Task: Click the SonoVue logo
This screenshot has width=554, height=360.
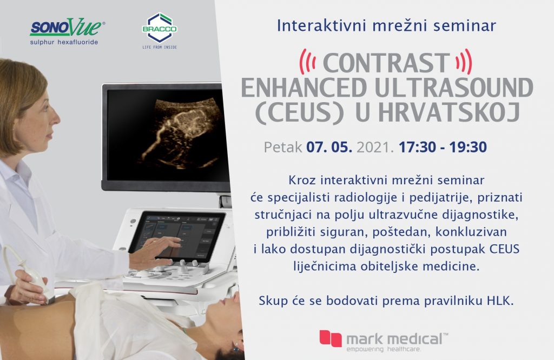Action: (x=67, y=31)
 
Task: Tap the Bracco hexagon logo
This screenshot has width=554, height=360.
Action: (x=160, y=28)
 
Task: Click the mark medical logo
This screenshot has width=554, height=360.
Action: (x=384, y=341)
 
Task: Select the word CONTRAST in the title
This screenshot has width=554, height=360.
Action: (x=386, y=63)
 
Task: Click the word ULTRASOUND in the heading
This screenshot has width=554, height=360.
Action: (x=454, y=88)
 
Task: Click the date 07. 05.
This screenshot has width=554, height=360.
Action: (x=329, y=147)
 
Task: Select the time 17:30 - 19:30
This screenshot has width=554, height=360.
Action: (x=443, y=147)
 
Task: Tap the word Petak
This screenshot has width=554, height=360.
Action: (x=283, y=147)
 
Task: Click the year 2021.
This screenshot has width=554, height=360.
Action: (x=375, y=147)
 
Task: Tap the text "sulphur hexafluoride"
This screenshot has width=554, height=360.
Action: (x=64, y=42)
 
